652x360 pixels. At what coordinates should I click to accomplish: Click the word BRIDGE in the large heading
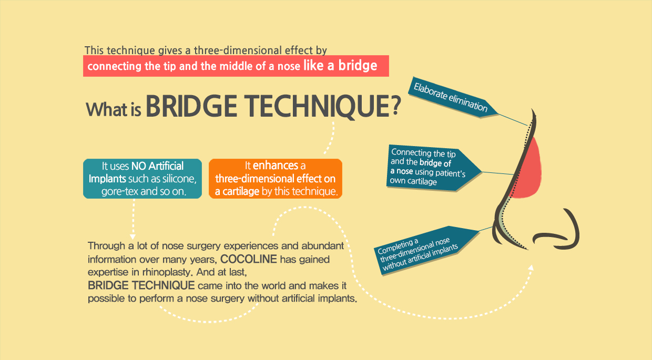191,106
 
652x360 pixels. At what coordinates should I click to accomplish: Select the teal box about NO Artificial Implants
142,179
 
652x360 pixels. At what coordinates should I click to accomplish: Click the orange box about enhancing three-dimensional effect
276,179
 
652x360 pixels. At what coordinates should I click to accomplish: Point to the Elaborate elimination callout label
452,98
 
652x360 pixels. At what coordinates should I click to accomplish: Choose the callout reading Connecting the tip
434,168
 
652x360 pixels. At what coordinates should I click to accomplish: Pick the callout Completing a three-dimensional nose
426,250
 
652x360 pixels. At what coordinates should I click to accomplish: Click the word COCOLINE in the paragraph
249,259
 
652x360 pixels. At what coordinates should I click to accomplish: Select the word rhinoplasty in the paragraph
166,272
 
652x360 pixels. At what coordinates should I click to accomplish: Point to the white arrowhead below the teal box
133,236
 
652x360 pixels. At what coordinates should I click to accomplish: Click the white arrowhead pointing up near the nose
531,268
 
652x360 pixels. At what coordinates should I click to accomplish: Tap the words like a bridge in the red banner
340,66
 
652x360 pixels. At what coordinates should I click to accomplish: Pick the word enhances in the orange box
276,166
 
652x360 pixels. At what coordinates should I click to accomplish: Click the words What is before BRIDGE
114,109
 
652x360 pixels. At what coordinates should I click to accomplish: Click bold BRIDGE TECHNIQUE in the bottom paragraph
141,285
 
